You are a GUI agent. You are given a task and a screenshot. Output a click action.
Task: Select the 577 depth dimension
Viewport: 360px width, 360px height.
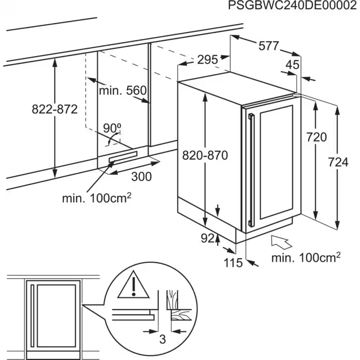tap(268, 46)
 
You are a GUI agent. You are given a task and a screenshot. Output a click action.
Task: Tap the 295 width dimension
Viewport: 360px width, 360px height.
tap(208, 60)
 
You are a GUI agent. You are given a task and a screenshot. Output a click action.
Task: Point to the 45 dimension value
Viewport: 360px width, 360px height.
tap(292, 65)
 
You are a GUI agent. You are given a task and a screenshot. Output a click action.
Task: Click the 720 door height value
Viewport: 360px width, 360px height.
tap(316, 137)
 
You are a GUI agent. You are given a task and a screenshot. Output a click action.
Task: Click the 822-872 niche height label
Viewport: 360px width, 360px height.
tap(54, 109)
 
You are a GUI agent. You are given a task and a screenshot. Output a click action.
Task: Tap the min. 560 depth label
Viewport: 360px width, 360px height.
tap(123, 91)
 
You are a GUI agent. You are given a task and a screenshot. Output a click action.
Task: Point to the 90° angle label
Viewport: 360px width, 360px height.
tap(112, 128)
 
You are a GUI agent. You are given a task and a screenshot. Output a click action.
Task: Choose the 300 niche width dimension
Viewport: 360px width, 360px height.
tap(141, 176)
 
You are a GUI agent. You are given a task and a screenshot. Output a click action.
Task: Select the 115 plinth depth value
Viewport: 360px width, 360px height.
tap(233, 263)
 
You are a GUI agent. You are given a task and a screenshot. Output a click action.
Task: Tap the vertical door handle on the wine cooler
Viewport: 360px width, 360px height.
tap(251, 170)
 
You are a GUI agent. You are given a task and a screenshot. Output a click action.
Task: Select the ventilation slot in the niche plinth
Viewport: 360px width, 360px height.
tap(122, 157)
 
